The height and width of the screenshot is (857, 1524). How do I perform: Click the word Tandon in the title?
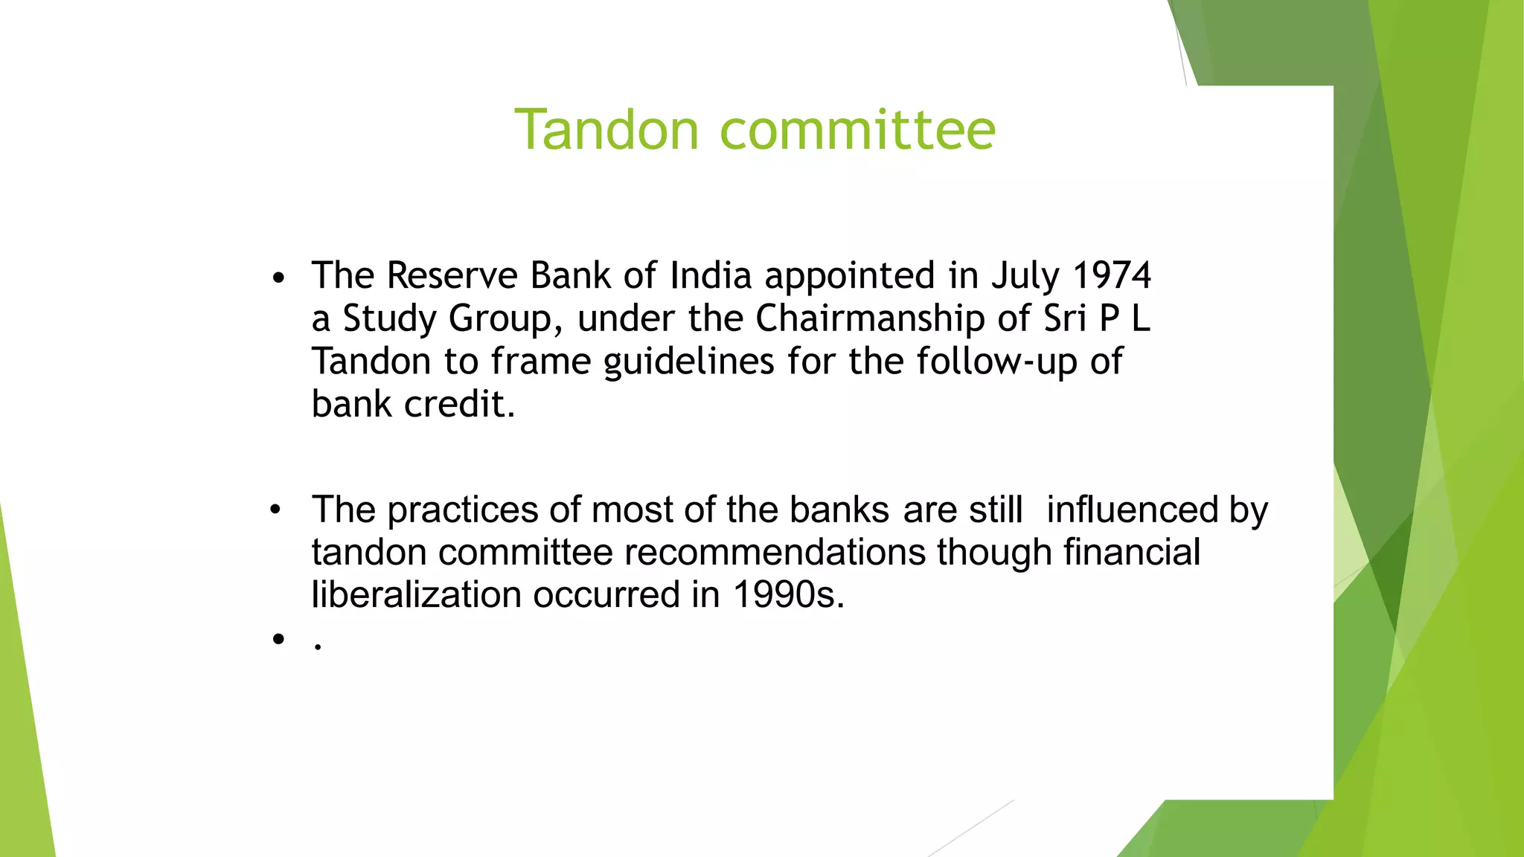pos(606,130)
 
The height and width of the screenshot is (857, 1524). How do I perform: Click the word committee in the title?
pos(857,130)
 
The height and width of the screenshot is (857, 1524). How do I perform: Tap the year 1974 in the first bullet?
pos(1112,275)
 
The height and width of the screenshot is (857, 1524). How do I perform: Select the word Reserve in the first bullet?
pos(452,275)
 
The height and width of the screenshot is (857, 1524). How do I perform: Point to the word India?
pos(711,275)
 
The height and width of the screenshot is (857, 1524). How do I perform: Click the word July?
pos(1025,277)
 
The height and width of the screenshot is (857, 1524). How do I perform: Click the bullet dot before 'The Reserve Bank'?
pos(278,279)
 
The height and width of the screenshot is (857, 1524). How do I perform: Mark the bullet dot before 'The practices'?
pos(275,510)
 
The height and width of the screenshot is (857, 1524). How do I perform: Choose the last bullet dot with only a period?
pos(278,638)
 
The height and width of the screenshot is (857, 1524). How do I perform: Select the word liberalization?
pos(416,595)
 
